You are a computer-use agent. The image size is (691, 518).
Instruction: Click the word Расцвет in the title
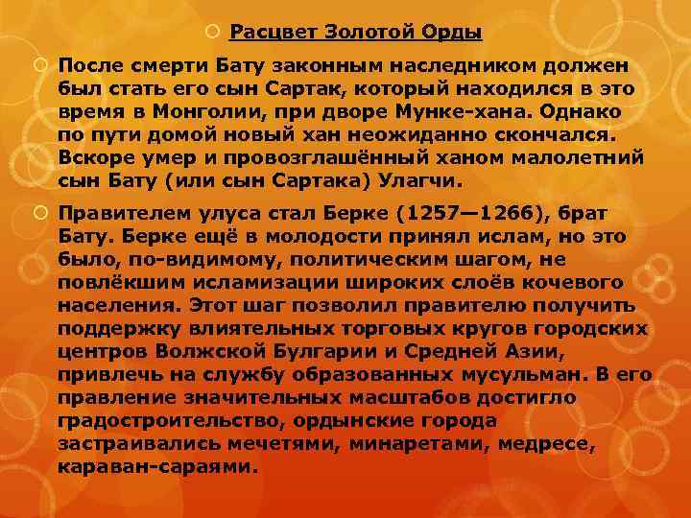pos(271,34)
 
